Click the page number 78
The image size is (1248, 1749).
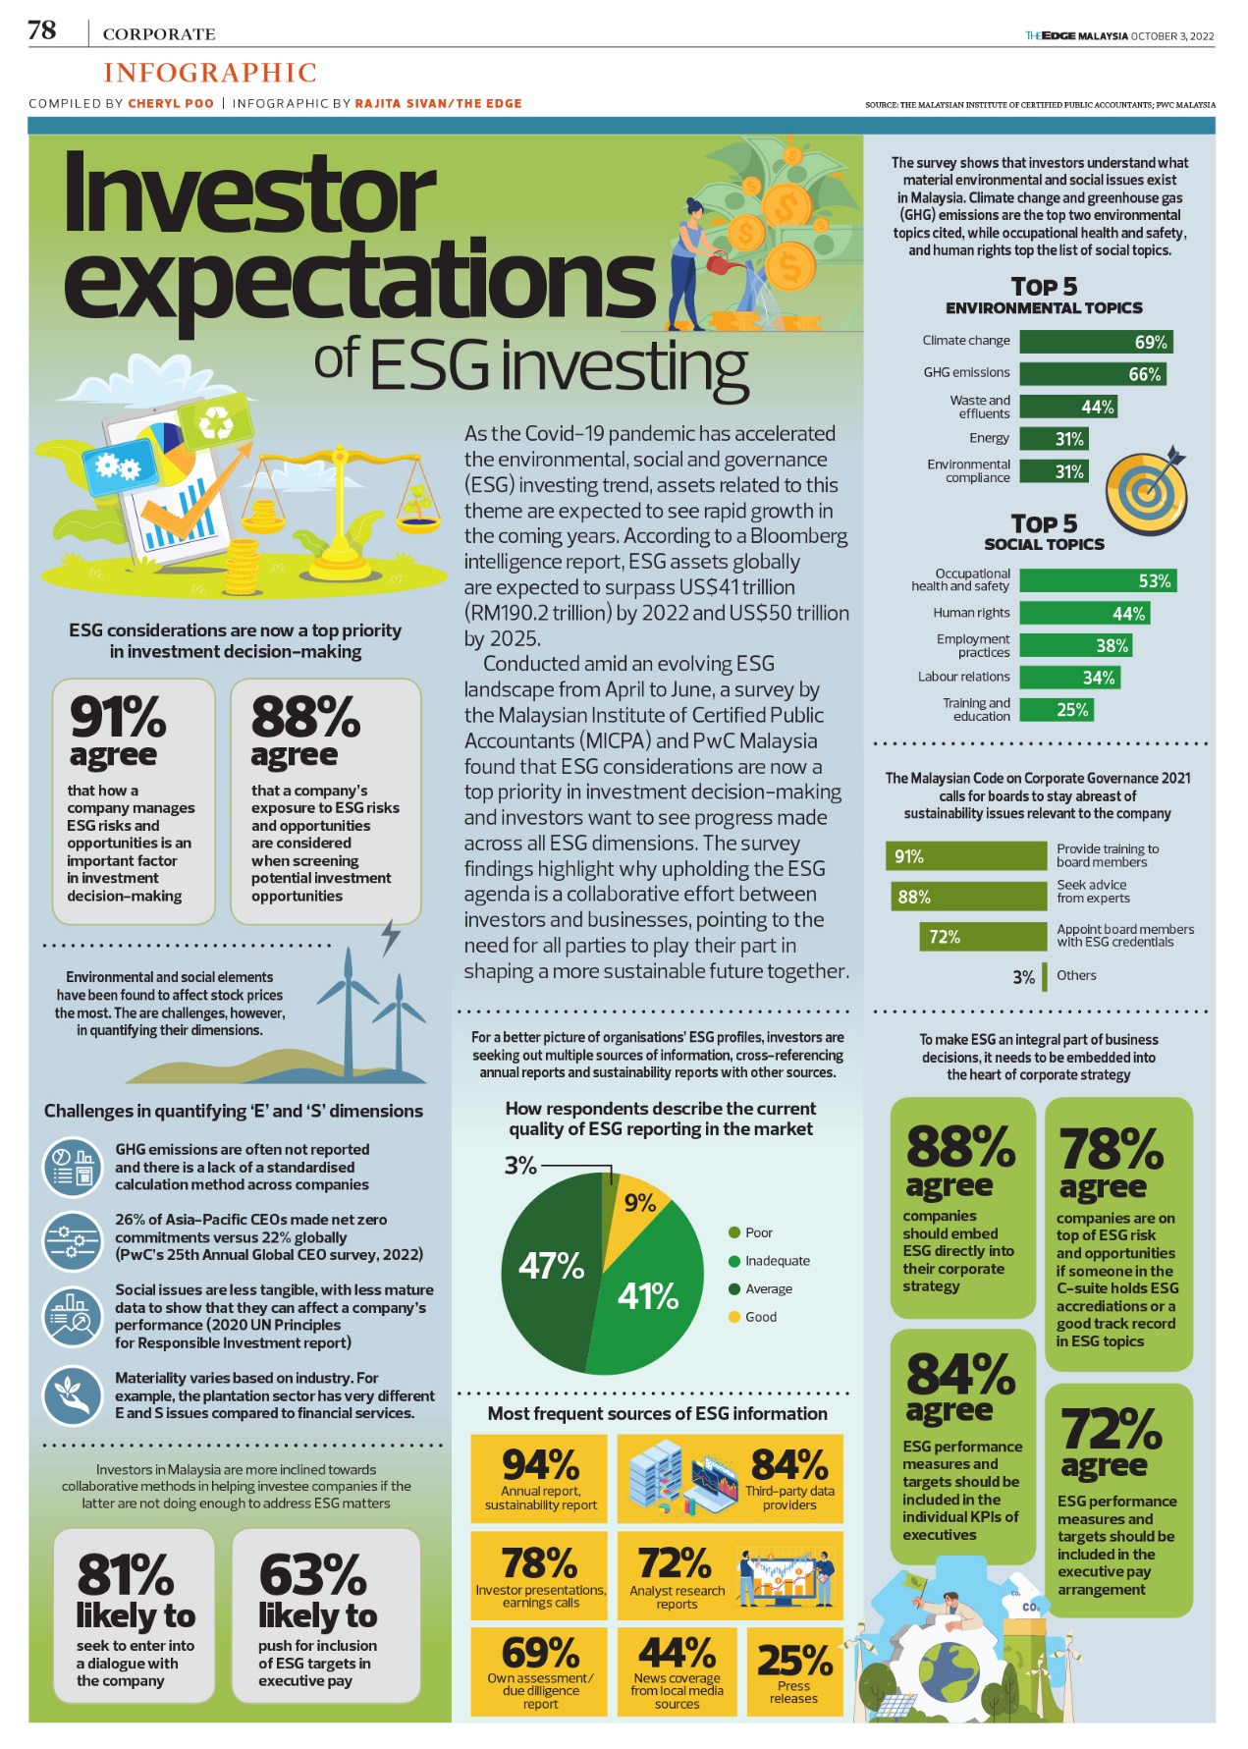pyautogui.click(x=42, y=31)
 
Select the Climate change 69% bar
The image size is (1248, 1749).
pyautogui.click(x=1095, y=342)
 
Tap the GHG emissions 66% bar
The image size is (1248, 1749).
pyautogui.click(x=1092, y=374)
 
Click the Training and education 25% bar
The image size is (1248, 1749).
pyautogui.click(x=1056, y=710)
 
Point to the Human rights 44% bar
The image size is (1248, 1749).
pyautogui.click(x=1084, y=614)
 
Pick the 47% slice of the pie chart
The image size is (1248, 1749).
pyautogui.click(x=550, y=1267)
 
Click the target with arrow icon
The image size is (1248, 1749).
pyautogui.click(x=1146, y=491)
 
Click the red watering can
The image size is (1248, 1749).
pyautogui.click(x=719, y=263)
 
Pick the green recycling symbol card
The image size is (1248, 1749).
pyautogui.click(x=215, y=424)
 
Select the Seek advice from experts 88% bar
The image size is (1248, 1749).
pyautogui.click(x=967, y=897)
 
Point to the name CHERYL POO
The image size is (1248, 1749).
pyautogui.click(x=171, y=103)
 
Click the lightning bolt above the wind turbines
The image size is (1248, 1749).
pyautogui.click(x=391, y=937)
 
